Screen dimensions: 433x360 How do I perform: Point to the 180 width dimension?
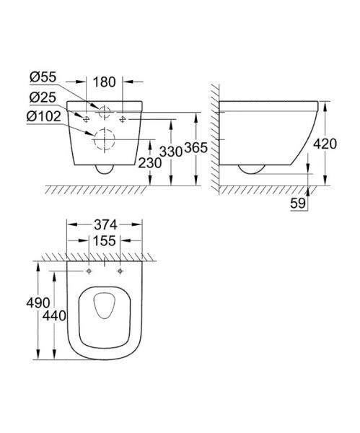pyautogui.click(x=105, y=82)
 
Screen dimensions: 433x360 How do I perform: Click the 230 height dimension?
pyautogui.click(x=150, y=163)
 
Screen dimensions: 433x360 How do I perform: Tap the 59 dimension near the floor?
pyautogui.click(x=298, y=205)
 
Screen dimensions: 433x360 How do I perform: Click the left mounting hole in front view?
pyautogui.click(x=86, y=116)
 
